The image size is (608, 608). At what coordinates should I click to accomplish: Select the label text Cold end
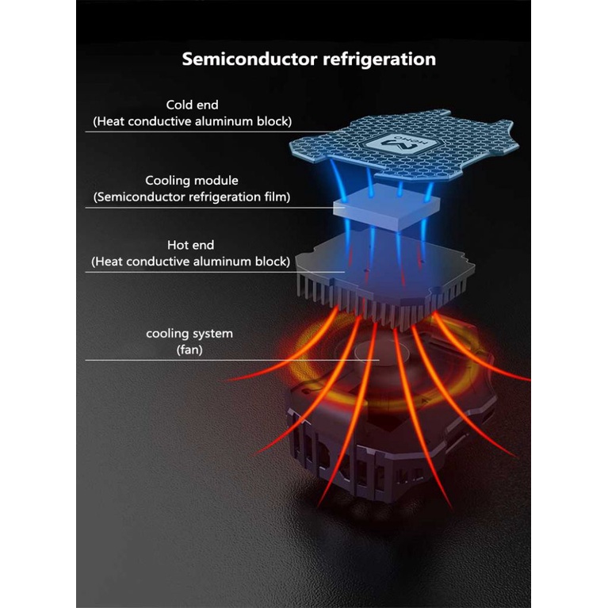coord(192,105)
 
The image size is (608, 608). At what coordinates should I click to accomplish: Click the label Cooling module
coord(192,181)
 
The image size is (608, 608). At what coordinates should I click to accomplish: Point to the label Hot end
coord(190,245)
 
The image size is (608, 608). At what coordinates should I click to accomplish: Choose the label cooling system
coord(189,333)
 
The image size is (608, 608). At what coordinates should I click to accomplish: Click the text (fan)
coord(189,349)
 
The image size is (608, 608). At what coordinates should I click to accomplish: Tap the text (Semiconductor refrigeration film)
coord(192,197)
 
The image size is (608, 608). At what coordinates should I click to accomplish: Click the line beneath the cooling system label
coord(190,361)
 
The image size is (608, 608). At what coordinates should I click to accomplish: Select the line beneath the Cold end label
coord(190,132)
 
